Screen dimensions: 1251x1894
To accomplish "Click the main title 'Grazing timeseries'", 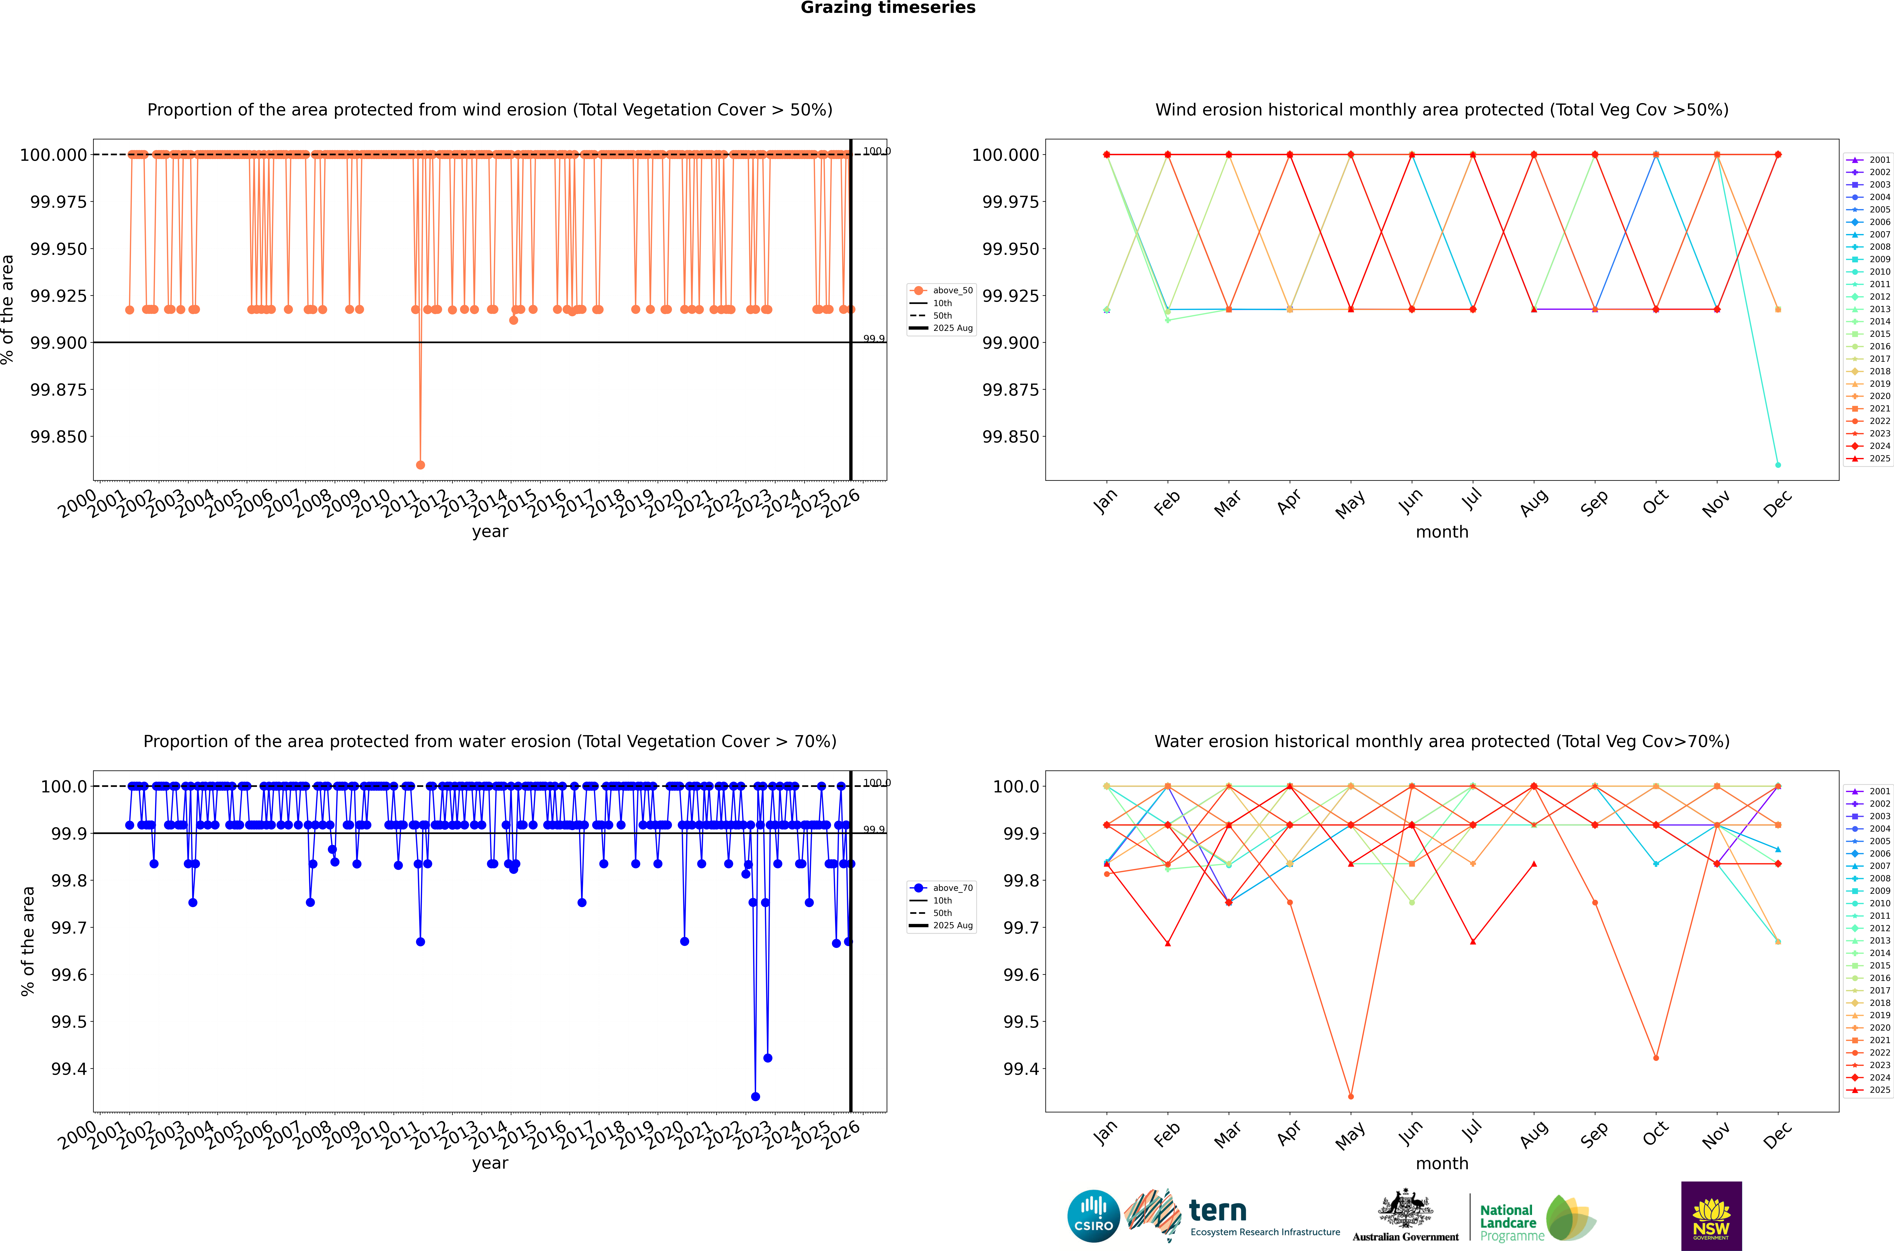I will tap(887, 8).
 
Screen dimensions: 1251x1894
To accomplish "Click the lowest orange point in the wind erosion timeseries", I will tap(421, 464).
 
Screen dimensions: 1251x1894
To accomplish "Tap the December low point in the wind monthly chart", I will tap(1777, 464).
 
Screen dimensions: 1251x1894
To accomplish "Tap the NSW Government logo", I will tap(1711, 1216).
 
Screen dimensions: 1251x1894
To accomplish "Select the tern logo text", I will tap(1217, 1211).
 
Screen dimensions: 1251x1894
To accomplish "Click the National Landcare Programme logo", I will tap(1536, 1218).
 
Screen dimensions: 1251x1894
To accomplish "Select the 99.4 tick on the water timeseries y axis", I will tap(69, 1069).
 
